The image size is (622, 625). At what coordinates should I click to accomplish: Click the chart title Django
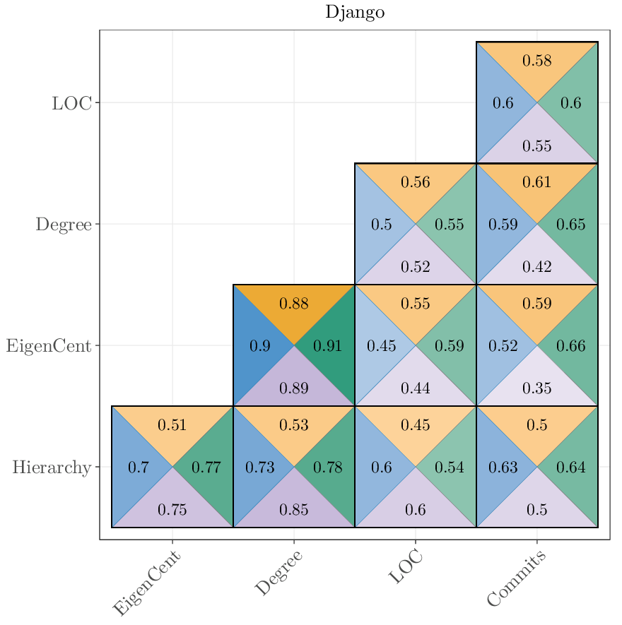click(355, 13)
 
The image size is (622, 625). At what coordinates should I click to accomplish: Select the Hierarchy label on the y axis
click(52, 468)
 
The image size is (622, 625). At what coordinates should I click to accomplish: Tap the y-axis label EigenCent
click(49, 346)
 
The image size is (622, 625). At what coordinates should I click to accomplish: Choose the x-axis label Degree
click(278, 573)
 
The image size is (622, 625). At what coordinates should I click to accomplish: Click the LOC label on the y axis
click(71, 103)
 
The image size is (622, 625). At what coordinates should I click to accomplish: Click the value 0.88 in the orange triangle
click(294, 304)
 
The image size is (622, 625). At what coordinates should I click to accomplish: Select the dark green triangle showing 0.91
click(327, 346)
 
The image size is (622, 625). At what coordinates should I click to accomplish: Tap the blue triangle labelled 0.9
click(260, 346)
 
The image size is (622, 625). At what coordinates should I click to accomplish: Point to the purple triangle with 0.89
click(294, 388)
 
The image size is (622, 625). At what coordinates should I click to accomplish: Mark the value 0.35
click(537, 388)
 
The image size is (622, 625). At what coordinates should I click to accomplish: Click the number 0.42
click(537, 267)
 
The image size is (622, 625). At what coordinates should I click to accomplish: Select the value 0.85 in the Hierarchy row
click(294, 510)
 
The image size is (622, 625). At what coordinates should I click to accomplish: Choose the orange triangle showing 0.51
click(172, 425)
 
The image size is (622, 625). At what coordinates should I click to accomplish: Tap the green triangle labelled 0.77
click(206, 468)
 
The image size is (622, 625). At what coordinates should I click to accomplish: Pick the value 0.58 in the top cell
click(537, 61)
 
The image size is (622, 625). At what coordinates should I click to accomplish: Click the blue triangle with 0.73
click(259, 468)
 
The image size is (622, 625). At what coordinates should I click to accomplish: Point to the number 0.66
click(570, 346)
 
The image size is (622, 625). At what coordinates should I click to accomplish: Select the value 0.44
click(416, 388)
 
